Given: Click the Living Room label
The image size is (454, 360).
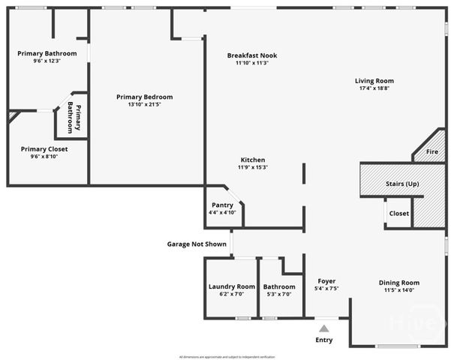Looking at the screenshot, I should click(x=374, y=81).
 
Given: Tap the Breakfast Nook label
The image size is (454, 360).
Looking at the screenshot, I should click(x=252, y=55).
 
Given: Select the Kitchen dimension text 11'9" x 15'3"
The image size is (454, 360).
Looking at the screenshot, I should click(x=252, y=167).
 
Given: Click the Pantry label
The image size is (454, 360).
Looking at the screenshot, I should click(x=222, y=205).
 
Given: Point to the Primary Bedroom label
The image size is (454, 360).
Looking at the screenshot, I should click(x=144, y=97).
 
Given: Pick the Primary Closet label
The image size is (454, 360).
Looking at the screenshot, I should click(x=44, y=149).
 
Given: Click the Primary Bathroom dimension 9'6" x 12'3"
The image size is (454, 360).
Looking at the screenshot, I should click(x=47, y=61).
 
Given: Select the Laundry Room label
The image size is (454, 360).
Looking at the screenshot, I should click(x=231, y=286).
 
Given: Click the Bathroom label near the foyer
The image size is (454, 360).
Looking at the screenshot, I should click(x=279, y=286).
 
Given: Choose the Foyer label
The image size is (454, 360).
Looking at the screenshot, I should click(x=326, y=280).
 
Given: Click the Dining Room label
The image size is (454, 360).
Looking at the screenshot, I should click(x=398, y=283).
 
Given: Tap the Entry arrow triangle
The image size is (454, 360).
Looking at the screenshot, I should click(x=323, y=328).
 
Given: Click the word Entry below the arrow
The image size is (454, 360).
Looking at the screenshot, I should click(x=323, y=340).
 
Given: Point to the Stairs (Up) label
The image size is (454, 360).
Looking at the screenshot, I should click(x=401, y=184).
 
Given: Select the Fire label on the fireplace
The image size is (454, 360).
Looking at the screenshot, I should click(x=431, y=152).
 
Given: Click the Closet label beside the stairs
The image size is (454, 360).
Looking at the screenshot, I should click(x=399, y=213).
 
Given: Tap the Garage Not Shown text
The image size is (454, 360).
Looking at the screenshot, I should click(x=197, y=244).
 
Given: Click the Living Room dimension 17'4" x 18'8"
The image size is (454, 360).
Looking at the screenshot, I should click(x=374, y=88).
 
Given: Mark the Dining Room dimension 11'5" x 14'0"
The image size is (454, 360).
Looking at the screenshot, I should click(x=398, y=290).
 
